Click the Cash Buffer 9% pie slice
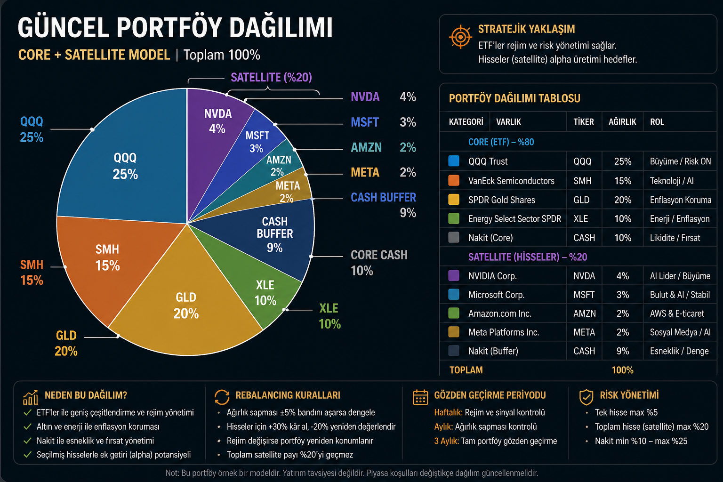click(x=278, y=235)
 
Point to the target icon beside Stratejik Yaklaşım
click(x=460, y=37)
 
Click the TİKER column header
click(x=583, y=122)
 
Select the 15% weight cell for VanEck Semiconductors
click(x=622, y=181)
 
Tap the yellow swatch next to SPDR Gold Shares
click(x=454, y=200)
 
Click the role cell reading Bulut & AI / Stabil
click(x=680, y=295)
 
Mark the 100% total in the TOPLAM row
click(x=622, y=370)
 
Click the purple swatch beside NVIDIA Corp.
click(x=454, y=275)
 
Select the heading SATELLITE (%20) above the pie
click(x=271, y=77)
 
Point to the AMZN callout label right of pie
click(x=366, y=147)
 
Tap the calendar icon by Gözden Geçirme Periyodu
click(x=420, y=397)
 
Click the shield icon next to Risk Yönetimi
click(x=586, y=397)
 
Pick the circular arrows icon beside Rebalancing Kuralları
click(x=222, y=397)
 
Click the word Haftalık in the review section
click(x=448, y=412)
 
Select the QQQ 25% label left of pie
click(x=32, y=129)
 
